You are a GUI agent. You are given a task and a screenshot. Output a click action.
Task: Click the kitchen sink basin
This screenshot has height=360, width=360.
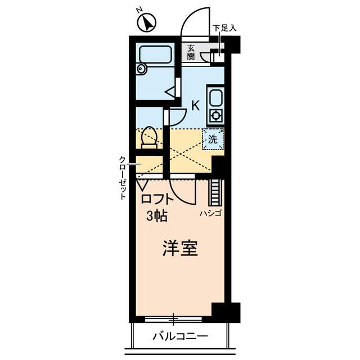[215, 100]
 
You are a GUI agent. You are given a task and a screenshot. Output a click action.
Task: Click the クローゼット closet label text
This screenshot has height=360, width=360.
[122, 178]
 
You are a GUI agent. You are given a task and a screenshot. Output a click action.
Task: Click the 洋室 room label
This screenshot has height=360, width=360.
[180, 249]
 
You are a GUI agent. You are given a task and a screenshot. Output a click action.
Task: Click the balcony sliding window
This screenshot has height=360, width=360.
[174, 319]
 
